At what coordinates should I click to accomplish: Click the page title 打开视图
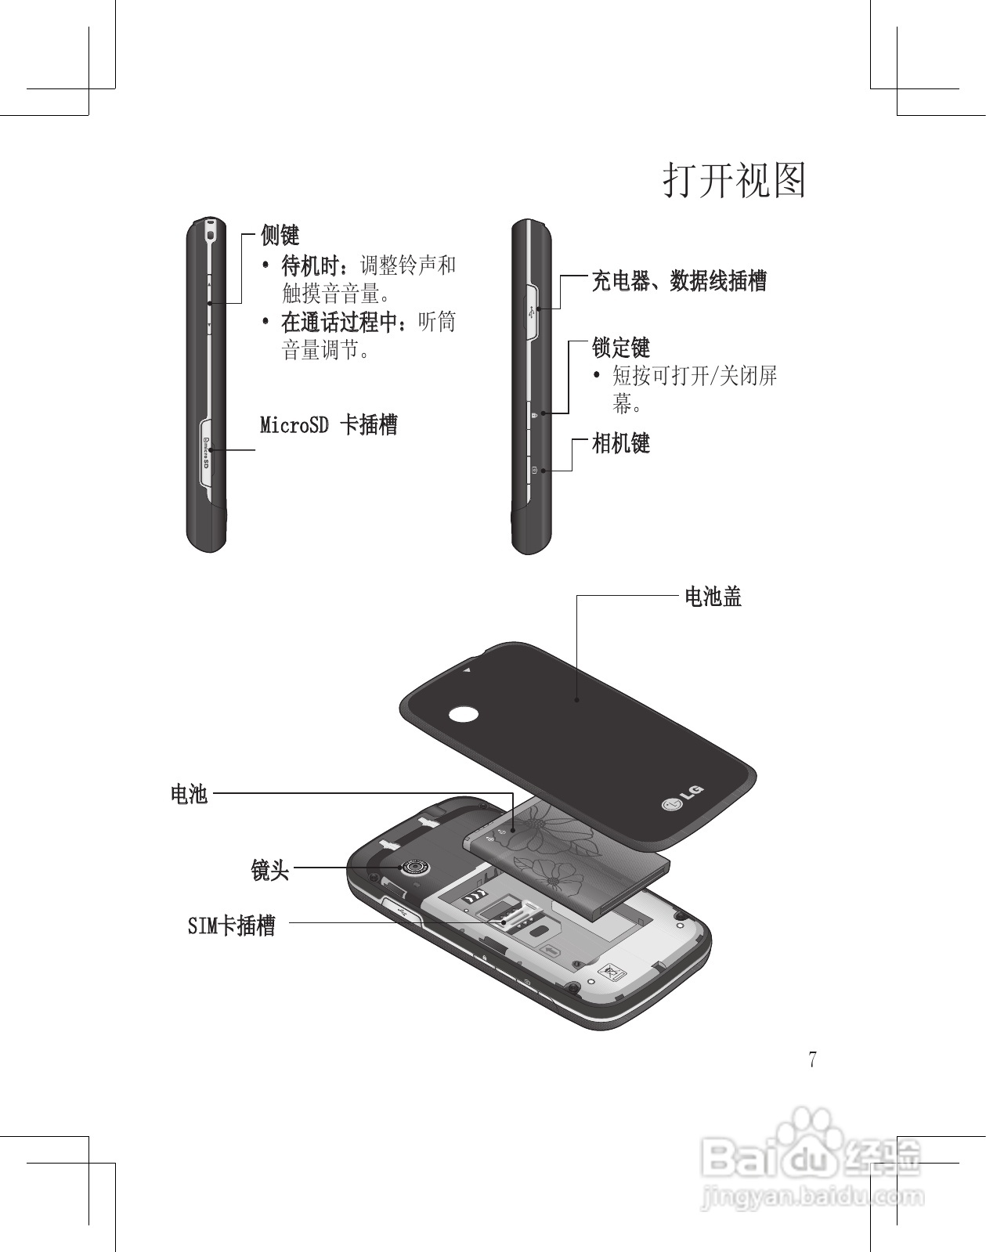pos(735,181)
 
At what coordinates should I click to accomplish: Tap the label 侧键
pos(280,234)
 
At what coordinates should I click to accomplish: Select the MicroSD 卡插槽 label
pos(329,425)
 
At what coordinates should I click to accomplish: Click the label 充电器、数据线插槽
pos(678,280)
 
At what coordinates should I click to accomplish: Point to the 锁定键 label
pos(621,347)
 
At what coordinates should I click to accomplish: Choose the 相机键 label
pos(621,443)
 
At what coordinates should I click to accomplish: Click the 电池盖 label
pos(713,597)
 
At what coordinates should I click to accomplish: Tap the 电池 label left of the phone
pos(189,794)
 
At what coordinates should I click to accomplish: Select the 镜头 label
pos(270,869)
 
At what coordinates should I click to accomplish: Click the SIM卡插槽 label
pos(232,925)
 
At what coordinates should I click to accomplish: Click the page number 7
pos(813,1060)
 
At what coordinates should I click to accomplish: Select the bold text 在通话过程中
pos(341,322)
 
